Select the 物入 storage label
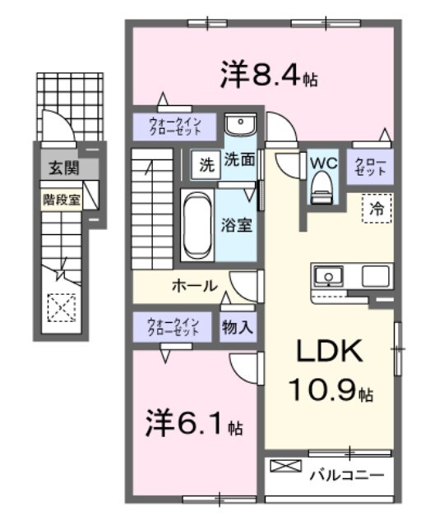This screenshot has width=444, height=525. click(x=238, y=326)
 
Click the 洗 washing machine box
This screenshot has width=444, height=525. click(x=206, y=163)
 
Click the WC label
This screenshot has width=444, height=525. click(x=322, y=162)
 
